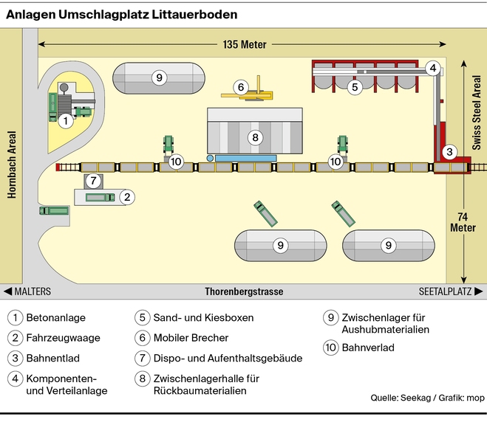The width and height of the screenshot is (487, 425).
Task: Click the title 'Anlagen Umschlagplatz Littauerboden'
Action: coord(123,14)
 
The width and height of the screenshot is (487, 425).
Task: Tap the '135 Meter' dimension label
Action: coord(244,44)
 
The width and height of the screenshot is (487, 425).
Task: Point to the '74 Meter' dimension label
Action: coord(463,221)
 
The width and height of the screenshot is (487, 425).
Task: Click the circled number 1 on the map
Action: coord(65,120)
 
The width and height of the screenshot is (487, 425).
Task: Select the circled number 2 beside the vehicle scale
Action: coord(128,196)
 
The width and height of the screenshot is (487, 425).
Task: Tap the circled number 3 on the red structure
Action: coord(449,153)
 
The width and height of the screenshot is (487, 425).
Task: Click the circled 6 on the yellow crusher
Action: coord(240,87)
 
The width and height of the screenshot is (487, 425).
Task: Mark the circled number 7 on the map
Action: coord(92,181)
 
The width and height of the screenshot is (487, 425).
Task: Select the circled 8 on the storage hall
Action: coord(255,137)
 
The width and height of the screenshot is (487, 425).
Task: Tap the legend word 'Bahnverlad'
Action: coord(369,347)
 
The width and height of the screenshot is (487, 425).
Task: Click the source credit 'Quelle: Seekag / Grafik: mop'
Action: coord(427,398)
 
